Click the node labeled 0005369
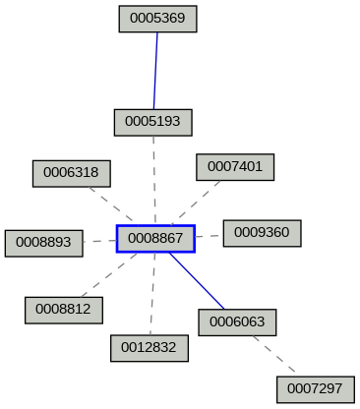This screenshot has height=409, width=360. pos(158,19)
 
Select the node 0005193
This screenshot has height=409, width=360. pos(152,122)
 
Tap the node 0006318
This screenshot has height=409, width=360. pos(72,173)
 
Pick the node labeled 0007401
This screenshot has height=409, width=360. pos(235,167)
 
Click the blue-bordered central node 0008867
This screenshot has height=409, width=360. pos(155,238)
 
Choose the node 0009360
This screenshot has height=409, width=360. pos(262,233)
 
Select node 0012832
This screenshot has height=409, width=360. pos(149,347)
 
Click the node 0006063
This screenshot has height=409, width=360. pos(237,321)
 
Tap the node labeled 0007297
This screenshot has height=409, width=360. pos(316,389)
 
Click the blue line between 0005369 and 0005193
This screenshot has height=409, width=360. pos(155,70)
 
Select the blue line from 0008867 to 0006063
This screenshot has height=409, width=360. pos(196,280)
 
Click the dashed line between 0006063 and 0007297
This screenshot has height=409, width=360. pos(276,355)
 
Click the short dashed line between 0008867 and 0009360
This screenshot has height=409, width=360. pos(209,236)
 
